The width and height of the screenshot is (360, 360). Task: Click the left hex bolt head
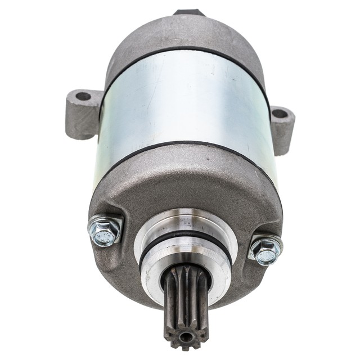(105, 230)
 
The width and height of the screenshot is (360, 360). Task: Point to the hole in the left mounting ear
(83, 96)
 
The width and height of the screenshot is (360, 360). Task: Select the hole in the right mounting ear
(280, 114)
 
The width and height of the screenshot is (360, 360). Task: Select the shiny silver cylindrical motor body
(186, 101)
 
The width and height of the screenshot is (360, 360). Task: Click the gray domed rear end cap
(186, 34)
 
